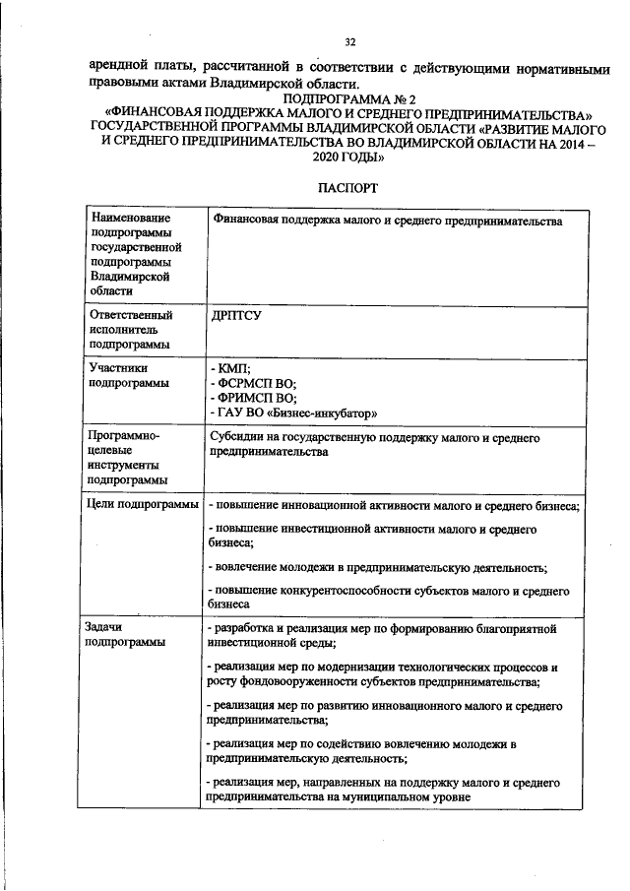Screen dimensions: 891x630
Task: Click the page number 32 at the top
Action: (x=349, y=42)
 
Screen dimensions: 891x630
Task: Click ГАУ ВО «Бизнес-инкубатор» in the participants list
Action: (x=293, y=413)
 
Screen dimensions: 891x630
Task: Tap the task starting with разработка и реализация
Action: (x=382, y=634)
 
